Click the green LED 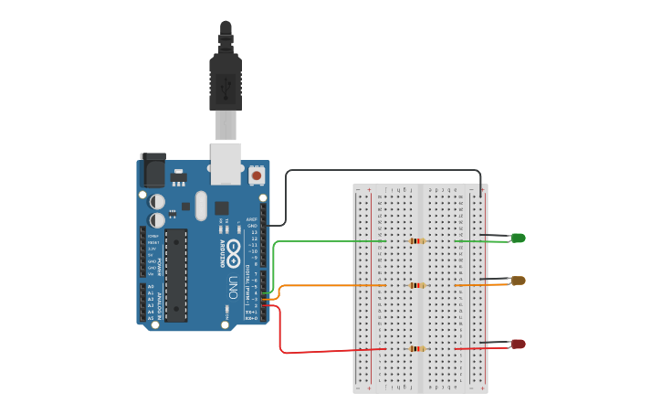click(x=518, y=239)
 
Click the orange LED click(x=518, y=281)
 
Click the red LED click(x=518, y=344)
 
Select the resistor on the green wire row click(x=418, y=241)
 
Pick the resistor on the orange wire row click(x=418, y=285)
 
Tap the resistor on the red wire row click(x=418, y=348)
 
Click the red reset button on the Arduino click(x=257, y=175)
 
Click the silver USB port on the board click(x=226, y=162)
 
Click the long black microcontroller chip click(x=176, y=275)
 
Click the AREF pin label click(x=252, y=219)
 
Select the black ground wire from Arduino click(x=384, y=170)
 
